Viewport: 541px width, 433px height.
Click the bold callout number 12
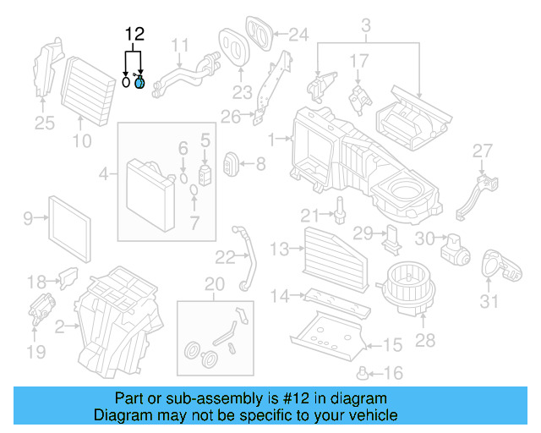pos(135,35)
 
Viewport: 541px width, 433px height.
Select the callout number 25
pos(44,123)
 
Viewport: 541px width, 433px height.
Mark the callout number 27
pos(482,151)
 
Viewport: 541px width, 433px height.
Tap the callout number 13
pos(280,248)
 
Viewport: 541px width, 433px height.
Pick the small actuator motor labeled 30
pos(456,245)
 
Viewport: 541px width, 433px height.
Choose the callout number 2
pos(59,326)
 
